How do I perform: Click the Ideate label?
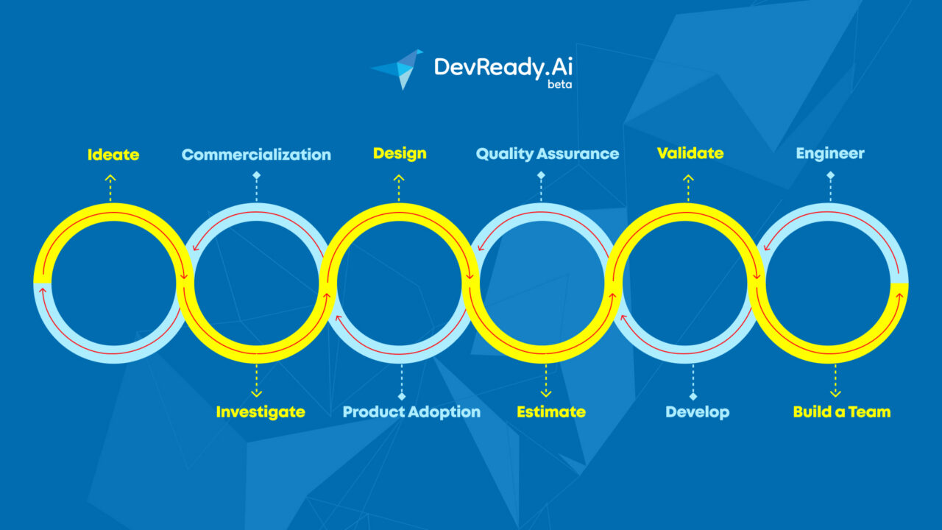tap(113, 155)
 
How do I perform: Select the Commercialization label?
tap(256, 155)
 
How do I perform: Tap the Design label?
tap(400, 154)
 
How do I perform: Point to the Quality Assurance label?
tap(547, 154)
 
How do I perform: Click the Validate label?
tap(690, 153)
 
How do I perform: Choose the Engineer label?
tap(830, 154)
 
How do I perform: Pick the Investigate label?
tap(261, 411)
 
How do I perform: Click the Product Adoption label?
tap(411, 411)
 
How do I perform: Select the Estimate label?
tap(551, 411)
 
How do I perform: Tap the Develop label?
tap(697, 412)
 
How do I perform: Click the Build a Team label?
tap(841, 411)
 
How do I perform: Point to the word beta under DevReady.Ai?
tap(559, 85)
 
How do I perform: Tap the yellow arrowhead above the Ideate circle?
tap(110, 178)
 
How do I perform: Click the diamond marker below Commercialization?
tap(257, 175)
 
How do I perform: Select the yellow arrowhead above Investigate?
tap(257, 393)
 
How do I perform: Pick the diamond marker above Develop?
tap(693, 396)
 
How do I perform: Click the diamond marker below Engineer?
tap(831, 175)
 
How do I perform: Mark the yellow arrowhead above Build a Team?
tap(835, 393)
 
